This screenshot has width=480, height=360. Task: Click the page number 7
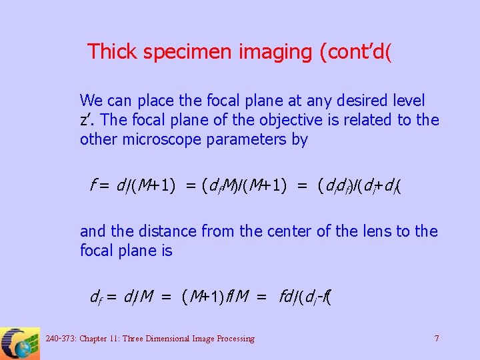coord(437,339)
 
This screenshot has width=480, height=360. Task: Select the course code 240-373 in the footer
coord(60,339)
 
